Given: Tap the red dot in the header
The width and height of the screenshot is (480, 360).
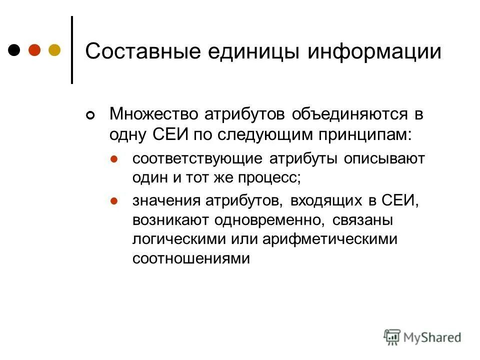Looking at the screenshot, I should coord(34,50).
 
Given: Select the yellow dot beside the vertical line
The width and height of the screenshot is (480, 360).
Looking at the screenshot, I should coord(54,50).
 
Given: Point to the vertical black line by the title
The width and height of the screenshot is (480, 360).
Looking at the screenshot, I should coord(72,50).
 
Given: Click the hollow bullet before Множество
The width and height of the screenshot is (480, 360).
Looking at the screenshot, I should coord(90,116).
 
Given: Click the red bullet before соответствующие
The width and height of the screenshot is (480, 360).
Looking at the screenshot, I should coord(113,159).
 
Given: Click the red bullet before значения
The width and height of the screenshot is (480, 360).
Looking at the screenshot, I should coord(113,201).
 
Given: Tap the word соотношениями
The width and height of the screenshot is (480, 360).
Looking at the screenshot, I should coord(190,258).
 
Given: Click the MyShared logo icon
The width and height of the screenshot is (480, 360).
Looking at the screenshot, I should coord(392,338).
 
